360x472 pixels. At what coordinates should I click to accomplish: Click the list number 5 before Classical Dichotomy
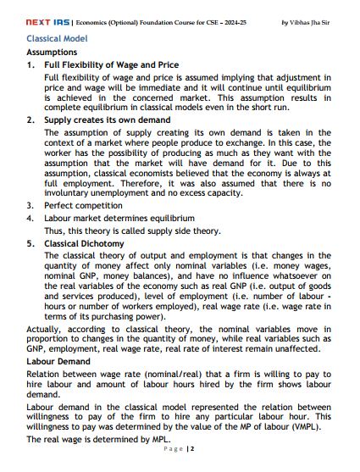[30, 242]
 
